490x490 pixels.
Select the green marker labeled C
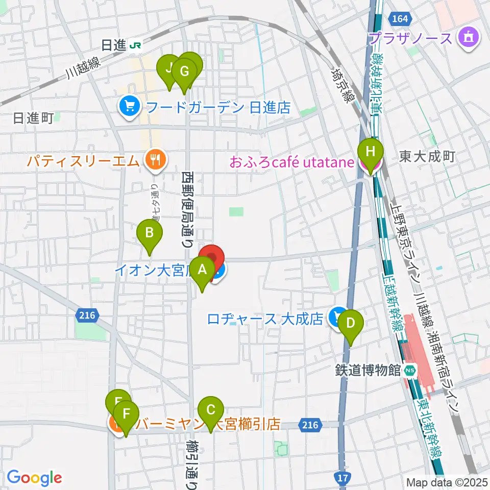[x=210, y=410]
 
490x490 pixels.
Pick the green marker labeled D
[x=350, y=324]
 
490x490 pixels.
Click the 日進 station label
[x=114, y=45]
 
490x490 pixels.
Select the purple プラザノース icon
[x=467, y=38]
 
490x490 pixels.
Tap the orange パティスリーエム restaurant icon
[x=153, y=161]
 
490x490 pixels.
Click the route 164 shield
[x=401, y=19]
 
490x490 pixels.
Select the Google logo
[x=34, y=478]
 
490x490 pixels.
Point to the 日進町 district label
[x=33, y=119]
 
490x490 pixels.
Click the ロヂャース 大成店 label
[x=265, y=319]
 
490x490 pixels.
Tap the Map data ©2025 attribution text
[x=447, y=481]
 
